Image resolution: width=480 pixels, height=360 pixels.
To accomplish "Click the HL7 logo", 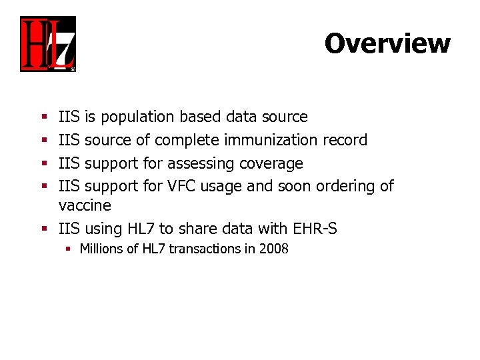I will [x=48, y=44].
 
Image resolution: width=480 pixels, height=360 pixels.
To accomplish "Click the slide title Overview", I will [x=387, y=43].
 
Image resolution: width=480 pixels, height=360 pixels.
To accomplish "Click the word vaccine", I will [x=85, y=205].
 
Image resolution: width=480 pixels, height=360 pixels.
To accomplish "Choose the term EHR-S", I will [x=315, y=229].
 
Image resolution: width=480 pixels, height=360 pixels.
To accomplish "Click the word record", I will [x=345, y=140].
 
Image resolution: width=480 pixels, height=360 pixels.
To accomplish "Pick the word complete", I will [x=189, y=140].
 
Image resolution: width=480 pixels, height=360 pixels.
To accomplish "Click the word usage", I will [x=223, y=186].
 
